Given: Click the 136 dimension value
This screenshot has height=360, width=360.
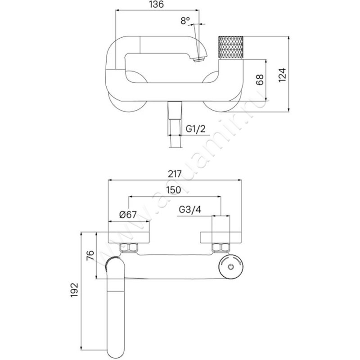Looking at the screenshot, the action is (x=157, y=4).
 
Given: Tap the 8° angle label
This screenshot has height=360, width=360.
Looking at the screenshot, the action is (x=185, y=21).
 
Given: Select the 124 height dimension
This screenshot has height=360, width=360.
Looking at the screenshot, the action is (x=282, y=75).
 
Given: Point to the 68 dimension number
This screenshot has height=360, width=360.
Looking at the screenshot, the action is (x=260, y=80).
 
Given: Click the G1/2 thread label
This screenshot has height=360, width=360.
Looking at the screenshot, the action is (x=196, y=129).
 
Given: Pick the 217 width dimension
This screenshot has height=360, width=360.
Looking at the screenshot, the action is (x=175, y=174).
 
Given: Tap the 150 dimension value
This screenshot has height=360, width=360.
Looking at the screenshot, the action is (x=174, y=190).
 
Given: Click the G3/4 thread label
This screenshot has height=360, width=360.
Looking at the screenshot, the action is (x=190, y=209).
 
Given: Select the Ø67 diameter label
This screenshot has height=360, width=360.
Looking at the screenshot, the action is (x=128, y=215).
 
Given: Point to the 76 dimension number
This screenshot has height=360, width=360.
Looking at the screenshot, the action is (x=90, y=255).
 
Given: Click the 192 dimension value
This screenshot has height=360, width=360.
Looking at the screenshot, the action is (x=74, y=290).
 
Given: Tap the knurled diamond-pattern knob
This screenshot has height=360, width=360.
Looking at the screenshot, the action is (x=230, y=48).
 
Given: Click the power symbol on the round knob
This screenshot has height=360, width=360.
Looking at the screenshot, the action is (x=231, y=267).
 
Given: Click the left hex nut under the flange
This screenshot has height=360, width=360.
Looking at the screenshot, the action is (x=129, y=247).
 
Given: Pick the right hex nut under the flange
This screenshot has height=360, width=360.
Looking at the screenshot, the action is (x=220, y=247).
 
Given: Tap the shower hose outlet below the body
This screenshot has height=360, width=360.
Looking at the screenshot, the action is (x=175, y=124).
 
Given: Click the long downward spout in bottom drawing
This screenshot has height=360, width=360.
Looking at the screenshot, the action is (x=116, y=308).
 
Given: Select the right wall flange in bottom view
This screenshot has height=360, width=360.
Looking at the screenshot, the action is (x=221, y=238).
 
